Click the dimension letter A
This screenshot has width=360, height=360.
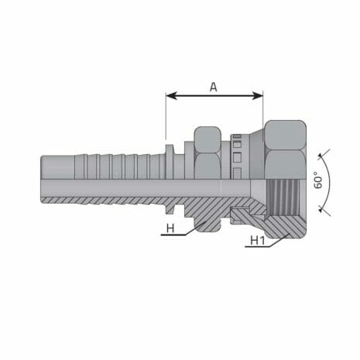[x=214, y=87]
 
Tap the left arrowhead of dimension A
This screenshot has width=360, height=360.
[x=170, y=97]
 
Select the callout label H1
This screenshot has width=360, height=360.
[x=257, y=241]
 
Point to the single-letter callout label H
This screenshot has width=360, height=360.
[x=170, y=228]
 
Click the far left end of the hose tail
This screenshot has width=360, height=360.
[x=43, y=180]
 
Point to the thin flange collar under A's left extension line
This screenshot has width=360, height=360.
[x=167, y=155]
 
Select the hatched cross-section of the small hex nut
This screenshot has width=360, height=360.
[x=207, y=221]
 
